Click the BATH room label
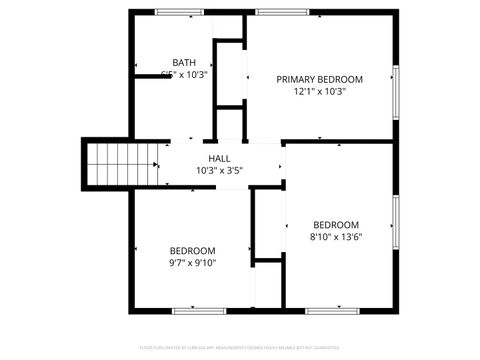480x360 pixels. click(x=184, y=62)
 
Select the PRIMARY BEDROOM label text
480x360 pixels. click(x=319, y=79)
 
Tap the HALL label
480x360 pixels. click(x=219, y=158)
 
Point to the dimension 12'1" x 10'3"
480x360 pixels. click(x=319, y=91)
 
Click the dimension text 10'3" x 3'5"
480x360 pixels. click(x=219, y=170)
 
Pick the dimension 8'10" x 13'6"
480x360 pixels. click(x=335, y=237)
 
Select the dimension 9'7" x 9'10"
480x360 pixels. click(x=192, y=262)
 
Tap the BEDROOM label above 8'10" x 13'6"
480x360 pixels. click(x=335, y=225)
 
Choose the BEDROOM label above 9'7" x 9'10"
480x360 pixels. click(x=192, y=250)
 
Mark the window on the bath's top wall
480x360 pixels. click(x=176, y=12)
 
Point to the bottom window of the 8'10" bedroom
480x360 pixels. click(x=332, y=311)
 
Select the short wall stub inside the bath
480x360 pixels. click(x=150, y=74)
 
